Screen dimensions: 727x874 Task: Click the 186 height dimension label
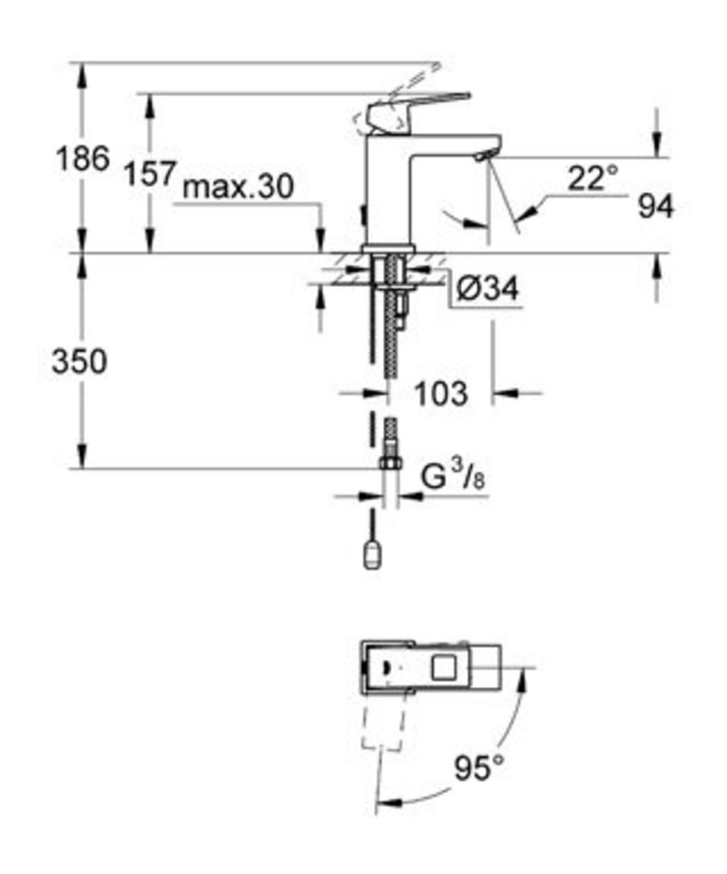83,159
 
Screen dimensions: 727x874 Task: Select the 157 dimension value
149,173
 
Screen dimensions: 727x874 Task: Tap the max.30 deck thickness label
238,186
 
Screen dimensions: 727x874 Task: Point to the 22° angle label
594,178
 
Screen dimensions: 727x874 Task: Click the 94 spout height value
656,206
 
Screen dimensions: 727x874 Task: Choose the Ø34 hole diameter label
487,289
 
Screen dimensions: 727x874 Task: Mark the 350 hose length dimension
79,362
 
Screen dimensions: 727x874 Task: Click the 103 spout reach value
441,394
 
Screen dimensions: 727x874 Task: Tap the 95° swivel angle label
479,767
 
